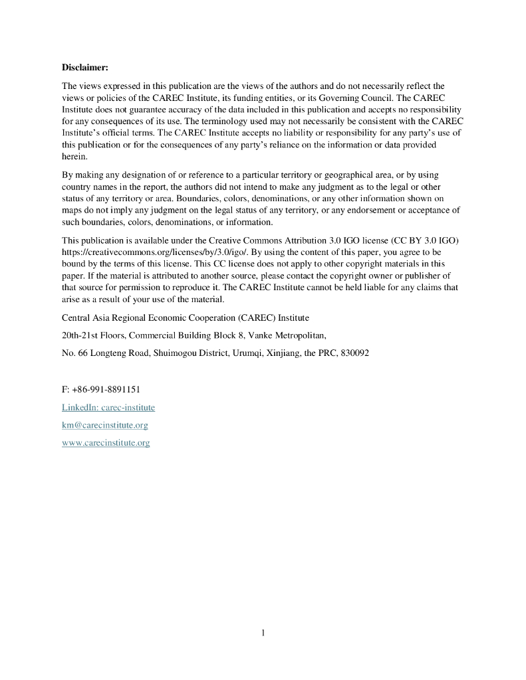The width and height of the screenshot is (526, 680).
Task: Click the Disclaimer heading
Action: coord(84,67)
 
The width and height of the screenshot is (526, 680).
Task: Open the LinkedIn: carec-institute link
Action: coord(108,407)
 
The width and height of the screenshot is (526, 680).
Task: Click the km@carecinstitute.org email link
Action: coord(104,425)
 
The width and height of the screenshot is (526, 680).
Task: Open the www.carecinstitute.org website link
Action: coord(106,443)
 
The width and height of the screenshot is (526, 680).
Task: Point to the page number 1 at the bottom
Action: coord(263,633)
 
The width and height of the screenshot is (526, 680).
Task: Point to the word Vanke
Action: coord(260,335)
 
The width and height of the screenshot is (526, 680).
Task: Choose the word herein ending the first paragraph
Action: coord(74,157)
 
